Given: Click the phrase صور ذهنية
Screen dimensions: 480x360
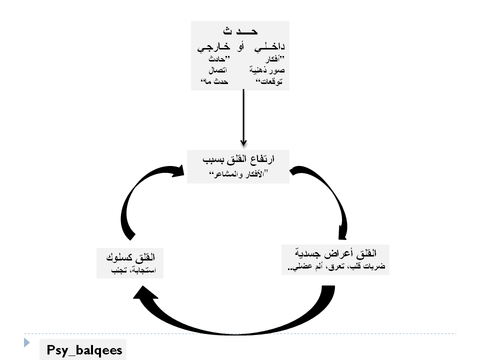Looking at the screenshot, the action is [x=266, y=70].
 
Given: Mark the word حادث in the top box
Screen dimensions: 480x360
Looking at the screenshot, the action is [x=216, y=60].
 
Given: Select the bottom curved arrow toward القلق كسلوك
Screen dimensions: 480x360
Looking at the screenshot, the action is [x=235, y=320].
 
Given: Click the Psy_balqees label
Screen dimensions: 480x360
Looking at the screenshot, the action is [x=84, y=350].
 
